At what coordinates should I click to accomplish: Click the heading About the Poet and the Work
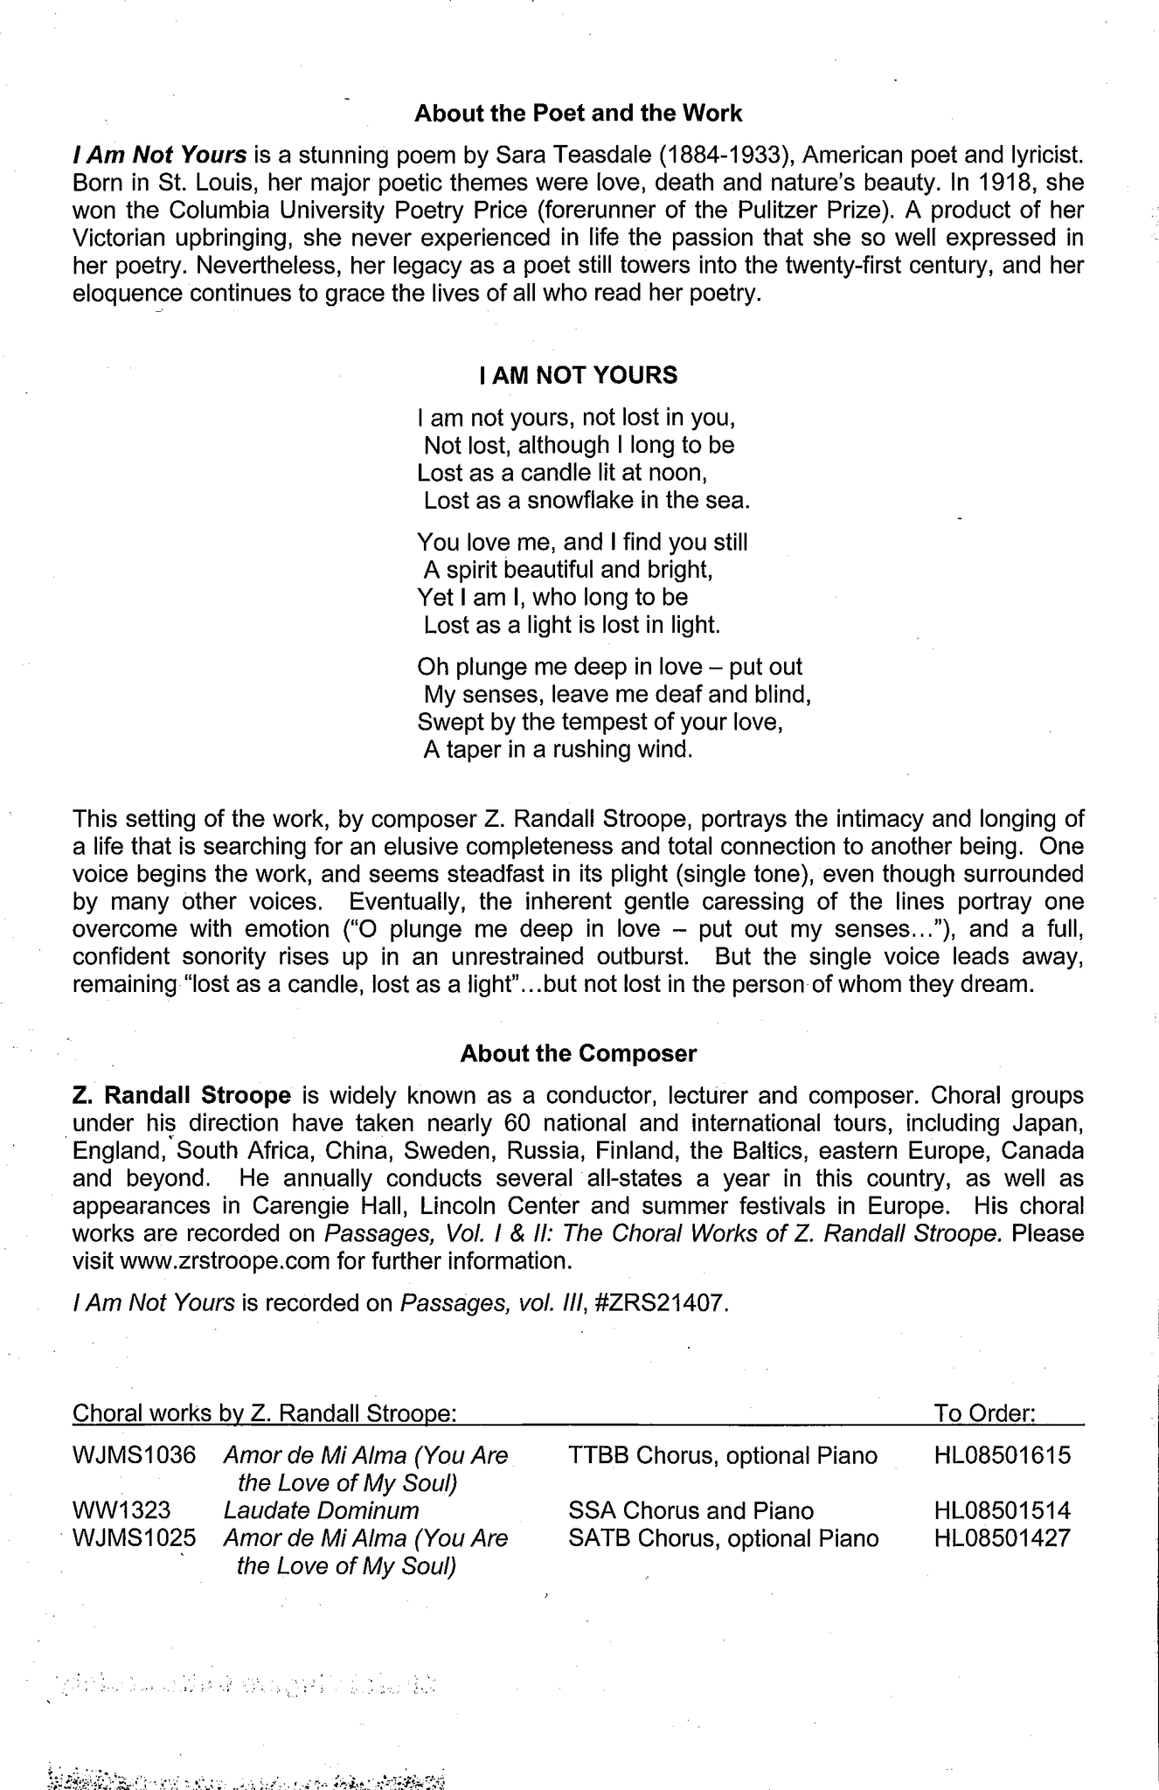[x=578, y=114]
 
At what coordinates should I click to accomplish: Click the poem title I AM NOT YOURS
[x=579, y=376]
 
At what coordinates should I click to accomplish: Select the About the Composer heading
[x=579, y=1053]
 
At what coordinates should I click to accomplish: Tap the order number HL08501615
[x=1002, y=1456]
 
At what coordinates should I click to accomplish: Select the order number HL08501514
[x=1002, y=1510]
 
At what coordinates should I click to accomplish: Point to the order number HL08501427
[x=1002, y=1538]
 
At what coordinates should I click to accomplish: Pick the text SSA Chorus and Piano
[x=691, y=1510]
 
